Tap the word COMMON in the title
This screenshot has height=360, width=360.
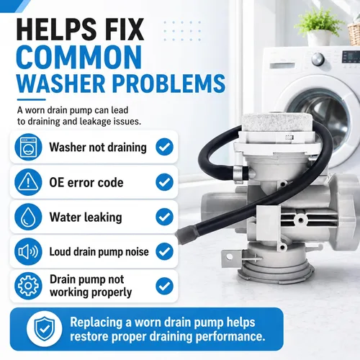pyautogui.click(x=79, y=57)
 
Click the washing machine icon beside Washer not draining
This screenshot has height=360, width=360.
pyautogui.click(x=28, y=147)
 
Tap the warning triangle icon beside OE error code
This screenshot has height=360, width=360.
pyautogui.click(x=28, y=182)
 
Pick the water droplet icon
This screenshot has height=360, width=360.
pyautogui.click(x=28, y=217)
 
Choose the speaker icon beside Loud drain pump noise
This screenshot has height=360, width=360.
pyautogui.click(x=28, y=251)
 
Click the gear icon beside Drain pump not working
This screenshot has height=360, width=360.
pyautogui.click(x=28, y=286)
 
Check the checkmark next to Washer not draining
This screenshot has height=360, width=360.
pyautogui.click(x=164, y=147)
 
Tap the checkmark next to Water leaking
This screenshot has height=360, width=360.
pyautogui.click(x=164, y=217)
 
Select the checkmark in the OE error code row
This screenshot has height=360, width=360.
pyautogui.click(x=164, y=182)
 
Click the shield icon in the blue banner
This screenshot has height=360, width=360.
pyautogui.click(x=44, y=329)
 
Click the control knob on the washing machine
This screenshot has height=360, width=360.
pyautogui.click(x=318, y=58)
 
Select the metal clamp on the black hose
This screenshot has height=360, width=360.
pyautogui.click(x=238, y=172)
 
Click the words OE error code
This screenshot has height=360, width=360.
pyautogui.click(x=86, y=183)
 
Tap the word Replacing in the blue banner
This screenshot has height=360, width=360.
pyautogui.click(x=96, y=323)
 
